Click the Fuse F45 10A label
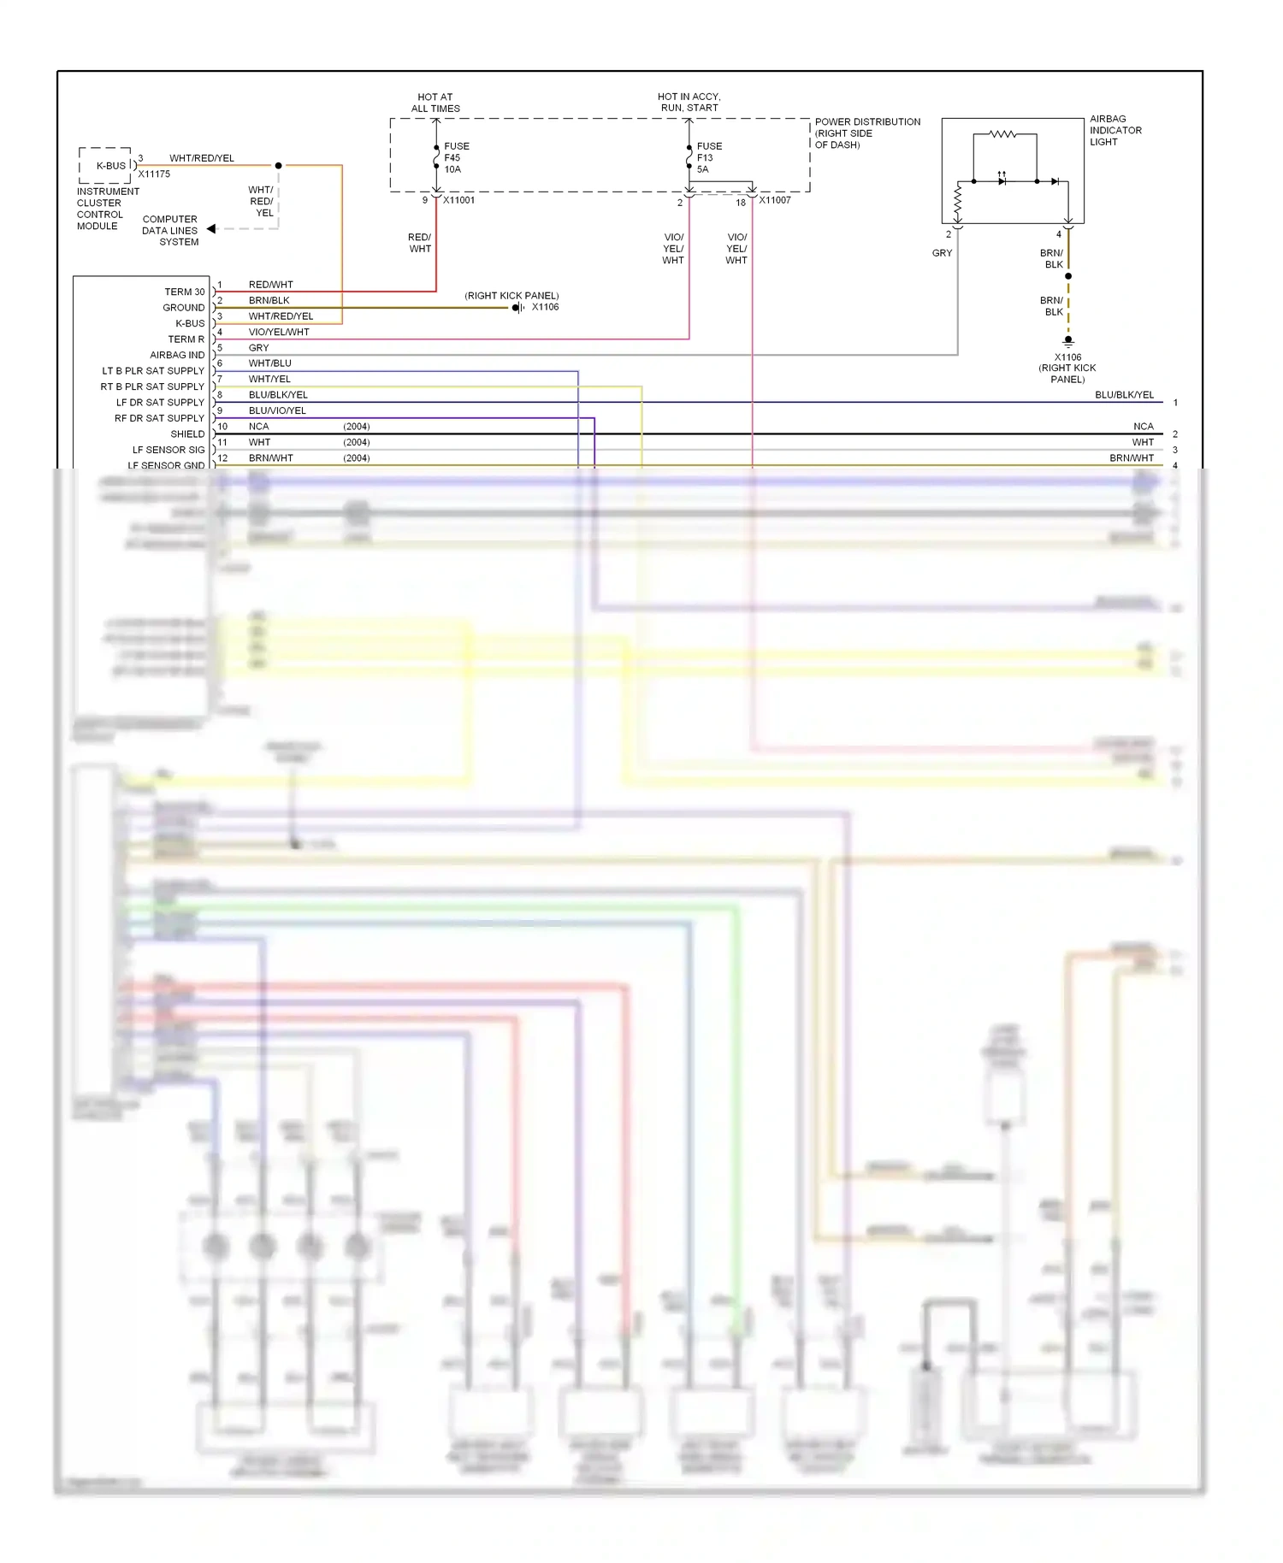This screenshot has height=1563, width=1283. click(x=456, y=158)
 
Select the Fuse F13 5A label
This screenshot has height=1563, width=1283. click(x=708, y=158)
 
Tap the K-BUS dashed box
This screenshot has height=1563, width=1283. click(x=106, y=165)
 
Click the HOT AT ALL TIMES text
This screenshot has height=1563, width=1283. click(x=435, y=103)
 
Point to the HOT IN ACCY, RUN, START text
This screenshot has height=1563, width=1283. click(x=689, y=103)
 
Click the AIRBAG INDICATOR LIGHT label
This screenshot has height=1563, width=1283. click(x=1114, y=131)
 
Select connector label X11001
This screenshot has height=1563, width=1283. click(x=458, y=200)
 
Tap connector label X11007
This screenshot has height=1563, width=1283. click(x=775, y=200)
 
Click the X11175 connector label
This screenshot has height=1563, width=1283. click(x=154, y=174)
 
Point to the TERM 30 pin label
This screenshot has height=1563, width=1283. click(x=184, y=292)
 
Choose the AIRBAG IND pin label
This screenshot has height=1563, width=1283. click(x=177, y=356)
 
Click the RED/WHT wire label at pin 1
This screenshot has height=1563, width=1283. click(x=270, y=285)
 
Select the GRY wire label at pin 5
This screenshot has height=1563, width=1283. click(x=258, y=348)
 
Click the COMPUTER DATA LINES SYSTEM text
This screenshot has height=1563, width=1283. click(x=170, y=231)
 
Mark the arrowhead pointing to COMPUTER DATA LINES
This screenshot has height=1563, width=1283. click(x=211, y=229)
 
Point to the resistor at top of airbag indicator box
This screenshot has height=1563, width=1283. click(x=1002, y=134)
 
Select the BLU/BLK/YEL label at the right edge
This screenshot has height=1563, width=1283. click(x=1124, y=395)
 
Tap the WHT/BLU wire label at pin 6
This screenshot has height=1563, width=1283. click(x=269, y=363)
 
